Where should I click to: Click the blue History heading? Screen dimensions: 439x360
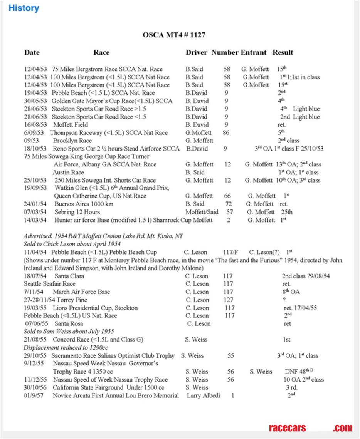point(24,8)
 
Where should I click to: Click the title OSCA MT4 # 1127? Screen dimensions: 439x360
point(174,35)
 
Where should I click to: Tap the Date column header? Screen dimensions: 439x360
point(32,53)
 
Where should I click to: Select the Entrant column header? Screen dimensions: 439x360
point(254,53)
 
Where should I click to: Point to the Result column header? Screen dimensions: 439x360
point(283,53)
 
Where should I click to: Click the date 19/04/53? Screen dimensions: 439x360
point(35,93)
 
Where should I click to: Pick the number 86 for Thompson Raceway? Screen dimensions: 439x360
point(226,133)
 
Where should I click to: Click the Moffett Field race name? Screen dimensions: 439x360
point(71,125)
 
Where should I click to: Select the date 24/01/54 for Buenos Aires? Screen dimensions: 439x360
point(35,204)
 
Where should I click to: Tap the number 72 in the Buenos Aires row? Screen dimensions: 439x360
point(229,204)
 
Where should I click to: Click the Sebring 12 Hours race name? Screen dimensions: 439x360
point(77,212)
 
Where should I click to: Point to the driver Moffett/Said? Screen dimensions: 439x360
point(202,212)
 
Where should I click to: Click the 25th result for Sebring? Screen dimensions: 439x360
point(286,212)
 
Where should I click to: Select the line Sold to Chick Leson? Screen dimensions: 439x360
point(72,244)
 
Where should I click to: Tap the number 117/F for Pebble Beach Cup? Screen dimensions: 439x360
point(230,252)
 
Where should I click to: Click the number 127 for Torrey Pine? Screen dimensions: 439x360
point(228,300)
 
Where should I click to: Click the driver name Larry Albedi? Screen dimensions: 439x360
point(203,395)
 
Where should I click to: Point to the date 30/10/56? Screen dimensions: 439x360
point(35,387)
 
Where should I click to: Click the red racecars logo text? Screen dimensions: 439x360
point(287,428)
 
